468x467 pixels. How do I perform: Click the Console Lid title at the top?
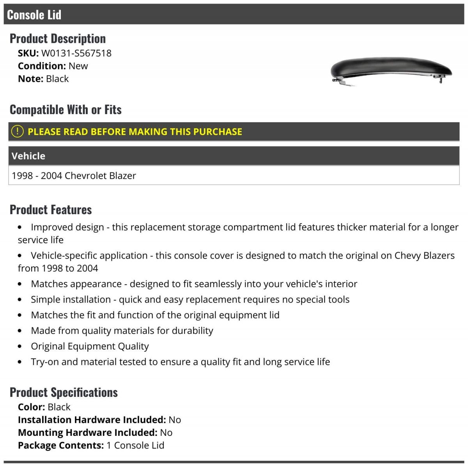pos(34,15)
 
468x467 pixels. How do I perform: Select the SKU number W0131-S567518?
pos(76,53)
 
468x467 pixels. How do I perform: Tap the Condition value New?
pos(78,66)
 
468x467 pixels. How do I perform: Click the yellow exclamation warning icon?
pos(17,132)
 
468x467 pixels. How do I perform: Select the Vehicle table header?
pos(28,156)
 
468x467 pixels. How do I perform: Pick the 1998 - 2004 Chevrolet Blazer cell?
pos(74,176)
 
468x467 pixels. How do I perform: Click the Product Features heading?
pos(51,210)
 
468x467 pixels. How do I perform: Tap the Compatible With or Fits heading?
pos(66,110)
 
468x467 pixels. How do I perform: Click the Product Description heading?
pos(58,39)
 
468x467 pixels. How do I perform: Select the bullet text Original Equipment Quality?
pos(90,346)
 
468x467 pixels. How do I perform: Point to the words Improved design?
pos(67,227)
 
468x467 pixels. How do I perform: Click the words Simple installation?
pos(71,300)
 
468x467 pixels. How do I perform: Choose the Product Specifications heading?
pos(64,392)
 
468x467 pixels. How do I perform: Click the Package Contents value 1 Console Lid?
pos(135,445)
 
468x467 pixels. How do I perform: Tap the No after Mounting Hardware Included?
pos(166,432)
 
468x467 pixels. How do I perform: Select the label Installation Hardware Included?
pos(92,419)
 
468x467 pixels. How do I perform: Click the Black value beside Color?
pos(59,407)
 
